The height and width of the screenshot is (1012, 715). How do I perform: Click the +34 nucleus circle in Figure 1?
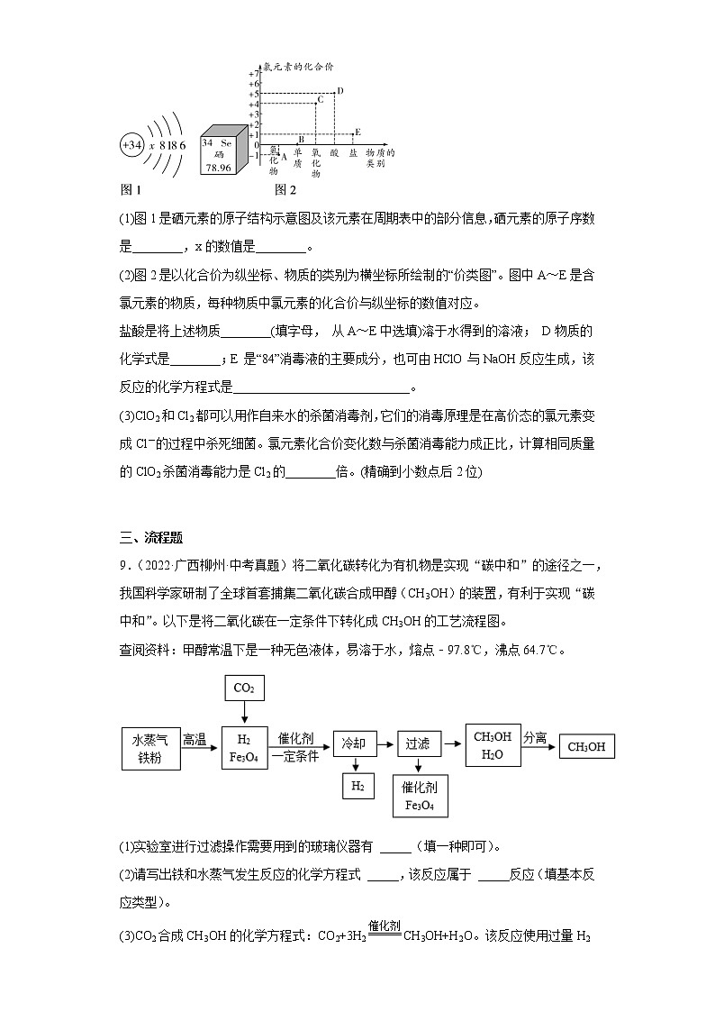pyautogui.click(x=131, y=144)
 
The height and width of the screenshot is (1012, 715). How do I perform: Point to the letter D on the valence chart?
pyautogui.click(x=339, y=90)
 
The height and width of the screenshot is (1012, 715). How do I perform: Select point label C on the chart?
pyautogui.click(x=319, y=100)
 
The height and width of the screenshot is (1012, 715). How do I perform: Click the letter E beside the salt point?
pyautogui.click(x=357, y=132)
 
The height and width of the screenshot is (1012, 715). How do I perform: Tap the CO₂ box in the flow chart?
pyautogui.click(x=244, y=688)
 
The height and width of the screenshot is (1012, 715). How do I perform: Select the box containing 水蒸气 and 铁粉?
pyautogui.click(x=151, y=748)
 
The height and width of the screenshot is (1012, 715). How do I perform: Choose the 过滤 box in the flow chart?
pyautogui.click(x=418, y=744)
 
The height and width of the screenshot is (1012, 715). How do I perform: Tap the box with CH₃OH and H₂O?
pyautogui.click(x=493, y=744)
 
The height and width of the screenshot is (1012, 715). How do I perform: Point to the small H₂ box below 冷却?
pyautogui.click(x=357, y=786)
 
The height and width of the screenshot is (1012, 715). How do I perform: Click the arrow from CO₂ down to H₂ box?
pyautogui.click(x=244, y=713)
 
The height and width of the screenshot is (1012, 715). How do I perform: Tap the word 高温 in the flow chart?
pyautogui.click(x=195, y=739)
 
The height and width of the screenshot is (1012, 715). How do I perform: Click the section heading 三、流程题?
pyautogui.click(x=151, y=538)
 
